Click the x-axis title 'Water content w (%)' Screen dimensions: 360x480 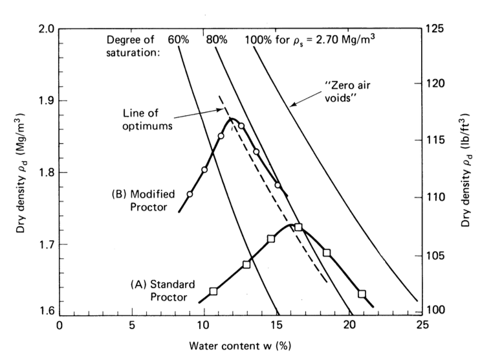pos(241,346)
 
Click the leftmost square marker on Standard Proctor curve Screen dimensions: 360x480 pos(213,291)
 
